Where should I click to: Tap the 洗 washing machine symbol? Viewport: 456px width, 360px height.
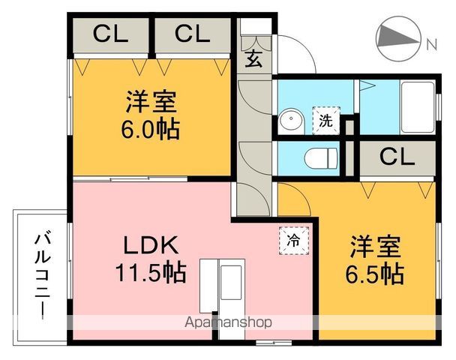tap(326, 118)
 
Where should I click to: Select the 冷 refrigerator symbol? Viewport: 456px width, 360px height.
tap(293, 241)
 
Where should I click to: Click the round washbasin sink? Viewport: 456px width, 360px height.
tap(289, 121)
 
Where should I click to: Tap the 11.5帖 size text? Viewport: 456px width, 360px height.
tap(149, 271)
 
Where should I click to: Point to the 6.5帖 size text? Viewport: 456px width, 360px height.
tap(374, 273)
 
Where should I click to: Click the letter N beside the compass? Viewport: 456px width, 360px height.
tap(431, 43)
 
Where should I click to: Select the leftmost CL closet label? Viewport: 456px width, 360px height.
tap(111, 34)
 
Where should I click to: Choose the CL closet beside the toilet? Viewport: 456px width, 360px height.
tap(397, 157)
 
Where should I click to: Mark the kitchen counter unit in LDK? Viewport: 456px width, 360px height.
tap(222, 283)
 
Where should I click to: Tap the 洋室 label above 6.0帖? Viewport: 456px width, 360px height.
tap(149, 101)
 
